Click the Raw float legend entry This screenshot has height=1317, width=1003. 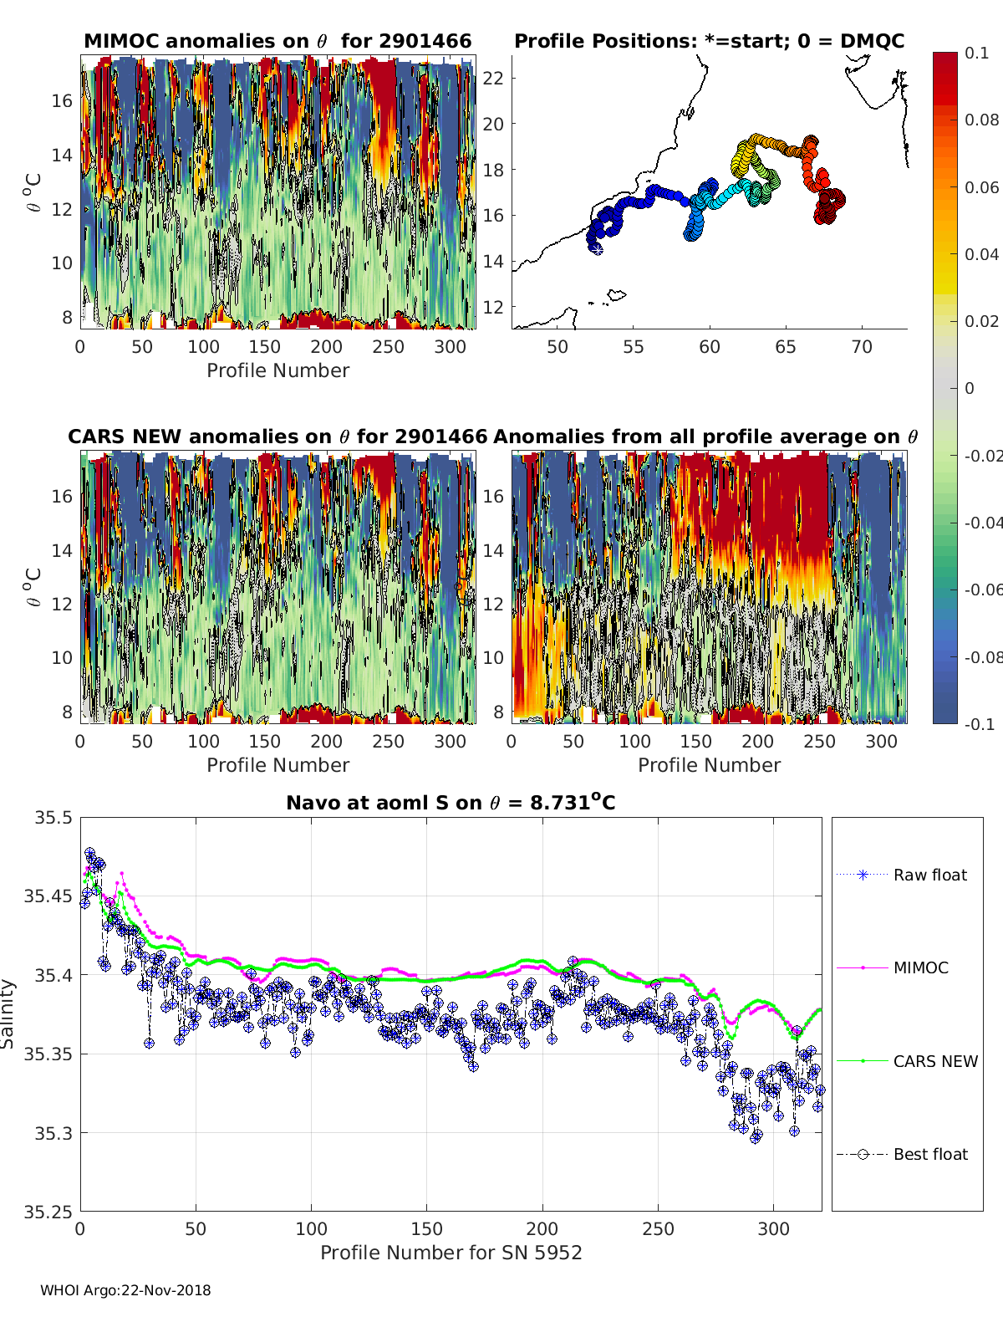pyautogui.click(x=929, y=875)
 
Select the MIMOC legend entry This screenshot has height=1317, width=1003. pyautogui.click(x=920, y=967)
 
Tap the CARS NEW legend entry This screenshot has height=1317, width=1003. pyautogui.click(x=934, y=1061)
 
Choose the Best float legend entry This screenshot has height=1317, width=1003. pyautogui.click(x=929, y=1154)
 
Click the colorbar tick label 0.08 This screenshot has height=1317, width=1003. pyautogui.click(x=981, y=120)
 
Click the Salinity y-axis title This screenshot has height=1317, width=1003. pyautogui.click(x=8, y=1014)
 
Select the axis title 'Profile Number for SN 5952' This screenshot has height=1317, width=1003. pyautogui.click(x=451, y=1253)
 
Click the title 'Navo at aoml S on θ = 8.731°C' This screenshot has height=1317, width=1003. pyautogui.click(x=451, y=803)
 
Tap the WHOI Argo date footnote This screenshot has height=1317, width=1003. pyautogui.click(x=125, y=1290)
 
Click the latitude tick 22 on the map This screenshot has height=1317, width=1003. pyautogui.click(x=494, y=79)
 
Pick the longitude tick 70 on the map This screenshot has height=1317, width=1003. pyautogui.click(x=862, y=347)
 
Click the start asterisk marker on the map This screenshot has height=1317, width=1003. pyautogui.click(x=597, y=248)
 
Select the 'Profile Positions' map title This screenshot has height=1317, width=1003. pyautogui.click(x=709, y=41)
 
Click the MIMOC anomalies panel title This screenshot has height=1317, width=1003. pyautogui.click(x=277, y=41)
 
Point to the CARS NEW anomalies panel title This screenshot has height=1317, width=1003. pyautogui.click(x=277, y=436)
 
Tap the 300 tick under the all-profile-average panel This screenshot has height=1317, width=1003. pyautogui.click(x=881, y=742)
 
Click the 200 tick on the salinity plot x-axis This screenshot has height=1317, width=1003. pyautogui.click(x=542, y=1229)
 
